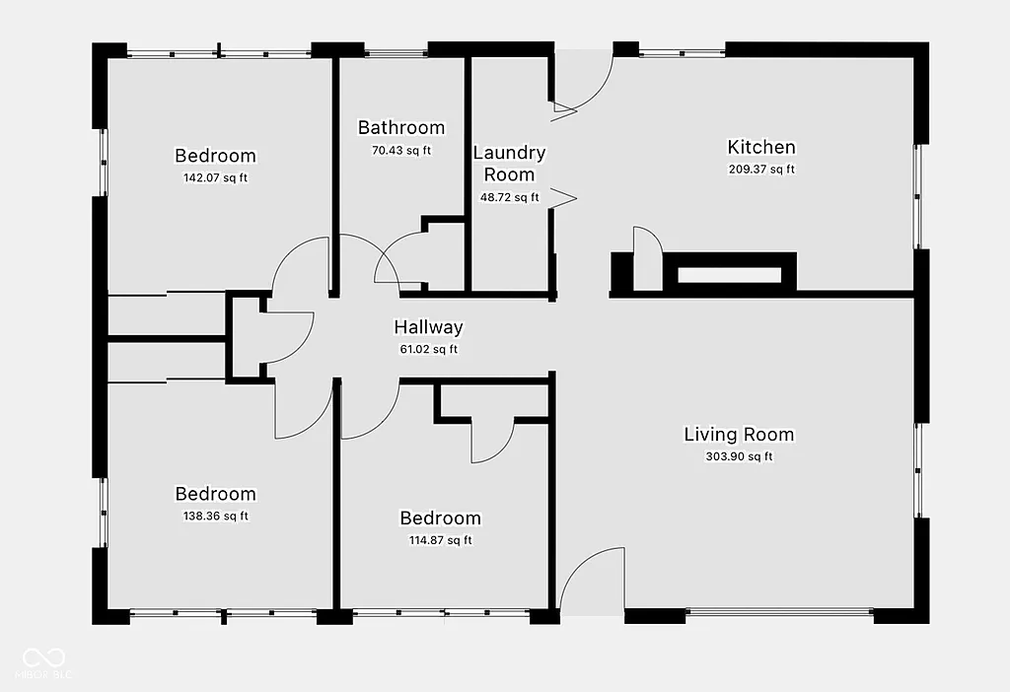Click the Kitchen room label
[x=760, y=148]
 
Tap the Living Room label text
[x=739, y=435]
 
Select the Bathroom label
[x=400, y=128]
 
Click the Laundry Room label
[x=509, y=164]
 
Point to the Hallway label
[x=428, y=327]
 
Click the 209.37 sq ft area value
[x=760, y=170]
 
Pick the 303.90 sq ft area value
[x=739, y=456]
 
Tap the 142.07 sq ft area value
[x=215, y=178]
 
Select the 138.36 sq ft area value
[x=215, y=517]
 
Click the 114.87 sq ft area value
[x=440, y=540]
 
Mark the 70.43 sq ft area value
[x=400, y=151]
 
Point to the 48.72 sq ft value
[x=509, y=197]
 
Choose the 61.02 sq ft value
[x=428, y=349]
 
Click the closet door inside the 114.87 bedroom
[x=491, y=442]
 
